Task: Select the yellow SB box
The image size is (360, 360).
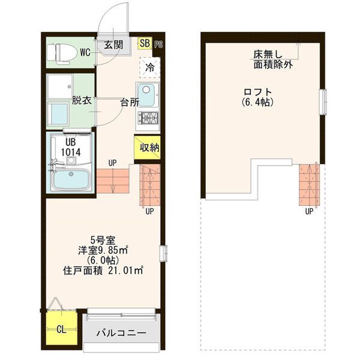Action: [x=145, y=43]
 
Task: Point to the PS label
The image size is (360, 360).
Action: [x=158, y=44]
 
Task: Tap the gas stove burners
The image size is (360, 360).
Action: [x=148, y=118]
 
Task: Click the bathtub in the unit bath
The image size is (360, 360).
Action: [x=71, y=179]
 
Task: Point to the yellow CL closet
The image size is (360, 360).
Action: [x=61, y=329]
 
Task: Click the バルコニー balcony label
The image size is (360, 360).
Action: [x=122, y=333]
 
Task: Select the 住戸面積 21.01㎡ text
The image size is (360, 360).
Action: [x=103, y=271]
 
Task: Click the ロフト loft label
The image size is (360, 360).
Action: [x=256, y=92]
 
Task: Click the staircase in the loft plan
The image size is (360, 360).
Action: [x=310, y=183]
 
